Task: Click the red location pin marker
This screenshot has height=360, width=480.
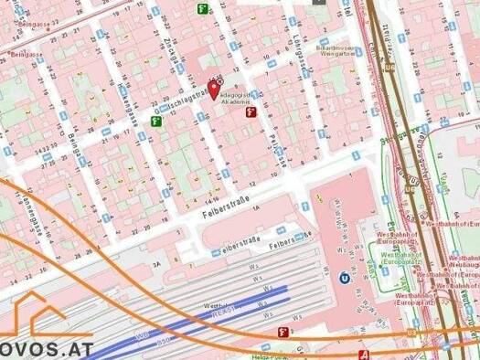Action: point(214,90)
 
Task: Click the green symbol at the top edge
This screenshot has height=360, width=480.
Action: point(202,8)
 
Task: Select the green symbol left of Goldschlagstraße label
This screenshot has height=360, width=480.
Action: point(155,121)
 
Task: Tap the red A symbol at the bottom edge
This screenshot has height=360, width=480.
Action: point(366,353)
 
